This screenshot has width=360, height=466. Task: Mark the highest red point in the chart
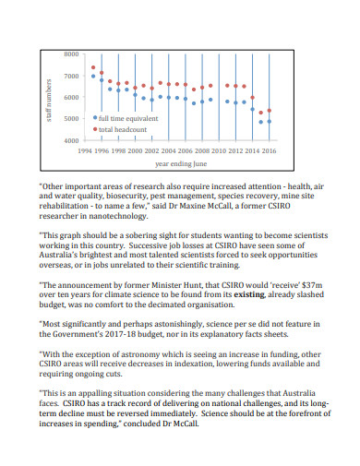(x=93, y=67)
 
